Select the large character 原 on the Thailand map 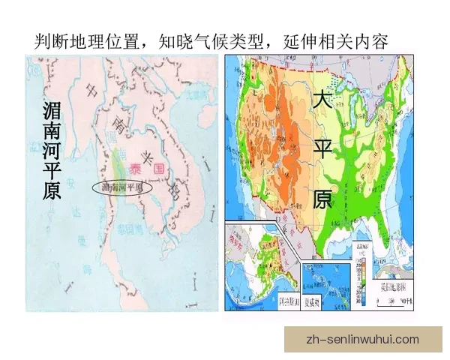(52, 192)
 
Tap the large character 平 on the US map (322, 149)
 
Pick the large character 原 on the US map (322, 198)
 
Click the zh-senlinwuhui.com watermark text (363, 340)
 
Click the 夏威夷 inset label (313, 303)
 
